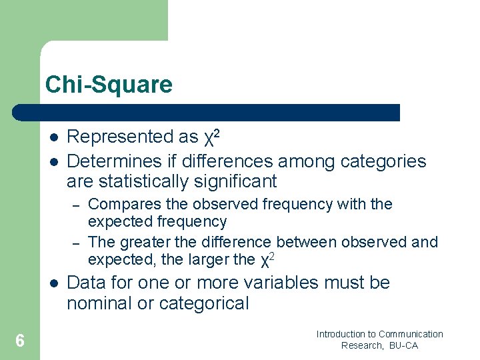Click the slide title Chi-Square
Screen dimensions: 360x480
(109, 85)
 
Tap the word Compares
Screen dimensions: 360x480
(121, 204)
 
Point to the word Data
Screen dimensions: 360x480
(87, 283)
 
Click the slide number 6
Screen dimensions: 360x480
(20, 341)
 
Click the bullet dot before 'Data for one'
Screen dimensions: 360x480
(53, 283)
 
